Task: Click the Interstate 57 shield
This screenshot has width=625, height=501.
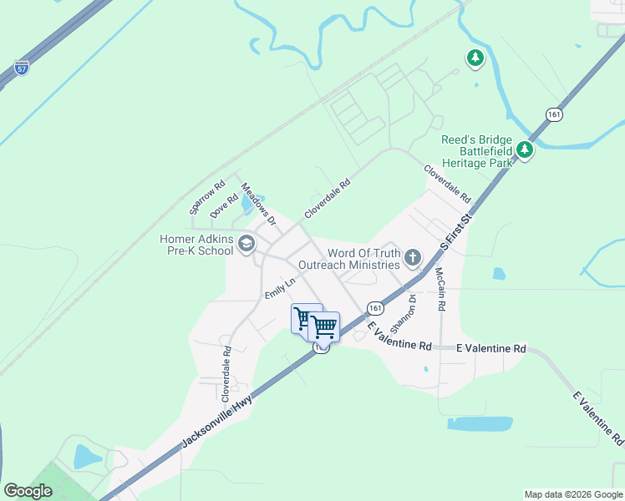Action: point(23,68)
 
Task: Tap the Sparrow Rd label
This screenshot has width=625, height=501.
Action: point(207,197)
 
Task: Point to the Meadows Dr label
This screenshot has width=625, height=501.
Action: point(259,205)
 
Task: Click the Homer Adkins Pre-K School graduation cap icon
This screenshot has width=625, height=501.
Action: point(246,244)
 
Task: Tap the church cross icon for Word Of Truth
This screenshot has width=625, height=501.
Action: point(412,258)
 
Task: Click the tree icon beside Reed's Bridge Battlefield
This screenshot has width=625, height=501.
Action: point(524,149)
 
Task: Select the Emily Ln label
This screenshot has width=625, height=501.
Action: point(280,288)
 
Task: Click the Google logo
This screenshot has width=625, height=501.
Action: point(28,491)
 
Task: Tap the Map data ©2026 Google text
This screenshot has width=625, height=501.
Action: point(573,494)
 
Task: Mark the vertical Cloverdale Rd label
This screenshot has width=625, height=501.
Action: point(226,370)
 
